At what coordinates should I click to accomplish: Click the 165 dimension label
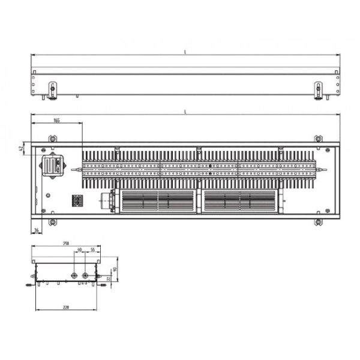click(57, 121)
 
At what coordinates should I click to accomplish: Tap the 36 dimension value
click(37, 230)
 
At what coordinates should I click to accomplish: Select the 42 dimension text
click(21, 147)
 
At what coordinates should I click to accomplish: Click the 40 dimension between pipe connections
click(80, 250)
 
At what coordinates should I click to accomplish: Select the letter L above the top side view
click(185, 53)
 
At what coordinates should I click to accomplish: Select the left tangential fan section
click(158, 200)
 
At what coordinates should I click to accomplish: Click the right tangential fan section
click(240, 200)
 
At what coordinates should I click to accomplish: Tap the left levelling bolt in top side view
click(52, 91)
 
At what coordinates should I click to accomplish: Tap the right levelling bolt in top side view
click(318, 91)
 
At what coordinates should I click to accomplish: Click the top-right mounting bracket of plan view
click(318, 139)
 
